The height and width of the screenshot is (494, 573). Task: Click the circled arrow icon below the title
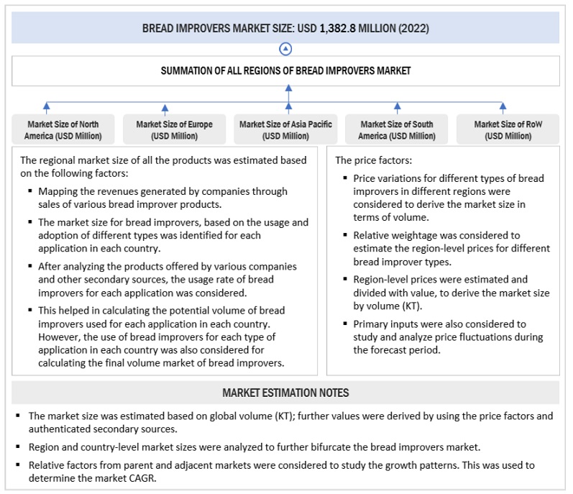pyautogui.click(x=286, y=49)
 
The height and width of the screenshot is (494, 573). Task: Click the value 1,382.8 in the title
pyautogui.click(x=326, y=29)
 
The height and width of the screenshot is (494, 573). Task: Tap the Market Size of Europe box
pyautogui.click(x=174, y=130)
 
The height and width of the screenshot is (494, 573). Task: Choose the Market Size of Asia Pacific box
pyautogui.click(x=285, y=130)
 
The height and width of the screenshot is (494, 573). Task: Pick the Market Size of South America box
pyautogui.click(x=398, y=130)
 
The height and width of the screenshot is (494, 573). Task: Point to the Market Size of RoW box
pyautogui.click(x=508, y=130)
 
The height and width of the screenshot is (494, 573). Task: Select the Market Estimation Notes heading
pyautogui.click(x=285, y=393)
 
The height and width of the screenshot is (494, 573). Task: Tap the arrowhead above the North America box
pyautogui.click(x=47, y=105)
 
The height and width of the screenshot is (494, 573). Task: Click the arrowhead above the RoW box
pyautogui.click(x=503, y=105)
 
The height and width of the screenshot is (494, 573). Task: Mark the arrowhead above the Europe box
pyautogui.click(x=165, y=105)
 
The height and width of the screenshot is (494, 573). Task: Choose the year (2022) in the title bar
pyautogui.click(x=414, y=29)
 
